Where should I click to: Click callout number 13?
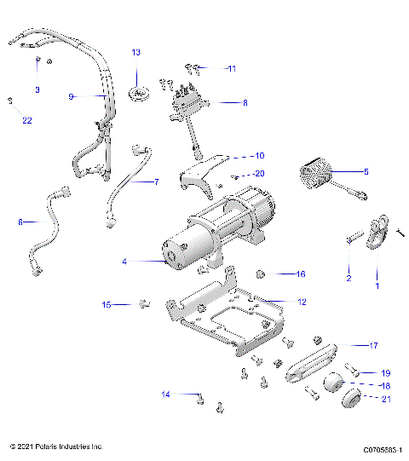pos(135,53)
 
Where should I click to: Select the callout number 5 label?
pos(366,172)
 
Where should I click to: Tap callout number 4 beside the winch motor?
pos(124,262)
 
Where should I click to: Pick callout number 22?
pos(27,120)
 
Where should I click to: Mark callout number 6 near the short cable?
pos(20,222)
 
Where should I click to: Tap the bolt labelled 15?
pos(144,303)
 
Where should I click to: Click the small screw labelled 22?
pos(9,101)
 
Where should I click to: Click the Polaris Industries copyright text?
pos(56,446)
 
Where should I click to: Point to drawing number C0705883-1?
pos(382,447)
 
